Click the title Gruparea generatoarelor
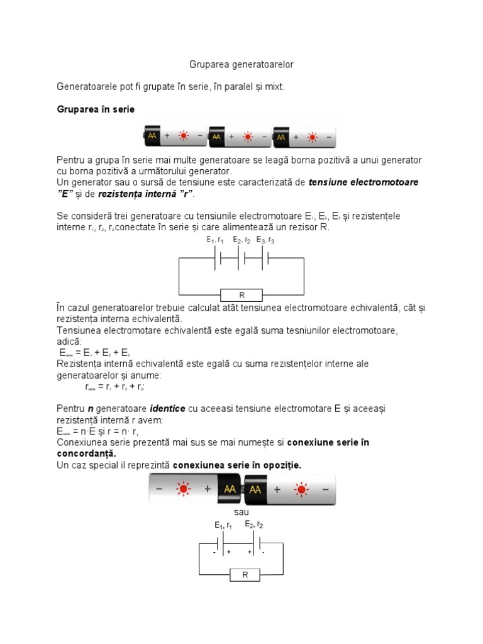click(x=241, y=65)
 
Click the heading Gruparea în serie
click(x=96, y=109)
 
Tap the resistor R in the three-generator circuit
click(x=241, y=294)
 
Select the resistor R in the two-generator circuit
click(x=245, y=574)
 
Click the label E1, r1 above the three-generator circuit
click(x=215, y=240)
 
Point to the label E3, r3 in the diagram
click(x=265, y=240)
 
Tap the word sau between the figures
click(x=241, y=513)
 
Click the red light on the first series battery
click(x=184, y=135)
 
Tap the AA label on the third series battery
click(x=281, y=136)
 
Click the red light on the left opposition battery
click(x=184, y=489)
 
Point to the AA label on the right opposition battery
click(x=256, y=489)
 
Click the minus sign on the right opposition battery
click(x=325, y=489)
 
